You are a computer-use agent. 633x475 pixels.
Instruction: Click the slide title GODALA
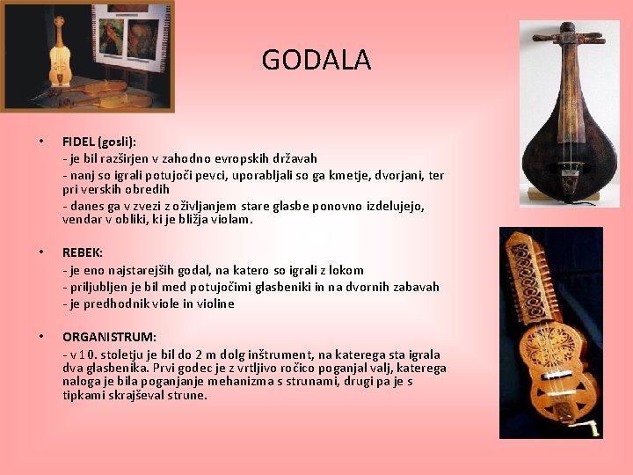(316, 60)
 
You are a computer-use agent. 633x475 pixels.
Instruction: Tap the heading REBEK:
(83, 252)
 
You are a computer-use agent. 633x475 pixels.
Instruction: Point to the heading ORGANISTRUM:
(109, 337)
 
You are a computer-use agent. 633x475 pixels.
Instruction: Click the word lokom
(345, 270)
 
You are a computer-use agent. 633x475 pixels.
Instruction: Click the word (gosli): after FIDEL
(118, 142)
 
